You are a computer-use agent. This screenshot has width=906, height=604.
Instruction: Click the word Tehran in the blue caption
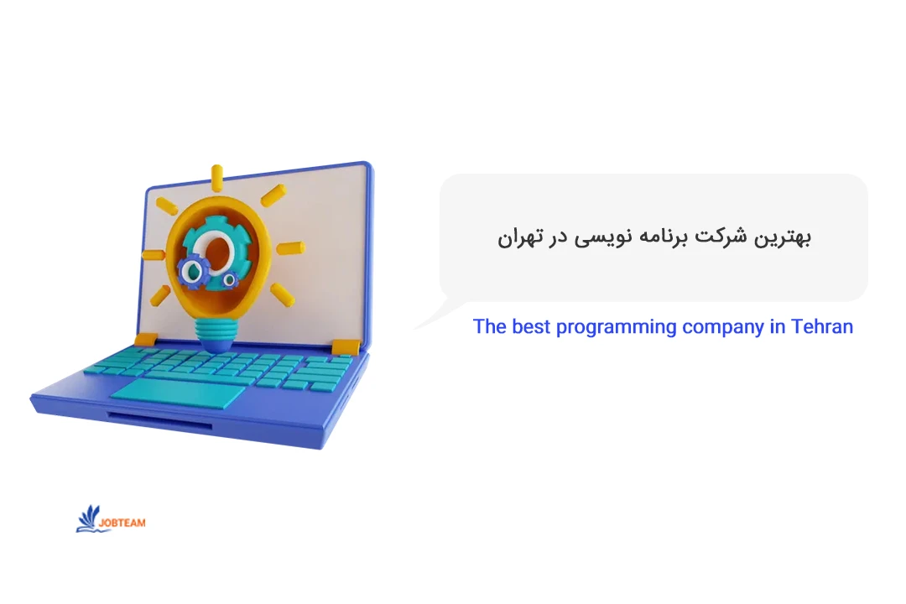821,326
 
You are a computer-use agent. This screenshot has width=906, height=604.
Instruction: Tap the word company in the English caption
721,327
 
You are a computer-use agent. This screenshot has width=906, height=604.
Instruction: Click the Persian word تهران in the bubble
516,237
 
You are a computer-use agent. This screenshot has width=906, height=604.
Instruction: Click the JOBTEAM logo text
122,523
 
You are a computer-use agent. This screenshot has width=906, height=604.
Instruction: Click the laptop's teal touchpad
177,391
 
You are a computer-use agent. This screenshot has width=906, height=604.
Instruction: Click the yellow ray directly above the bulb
217,176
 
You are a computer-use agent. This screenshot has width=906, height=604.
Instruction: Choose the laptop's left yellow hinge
146,339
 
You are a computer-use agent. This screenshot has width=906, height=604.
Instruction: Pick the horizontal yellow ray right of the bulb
290,247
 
